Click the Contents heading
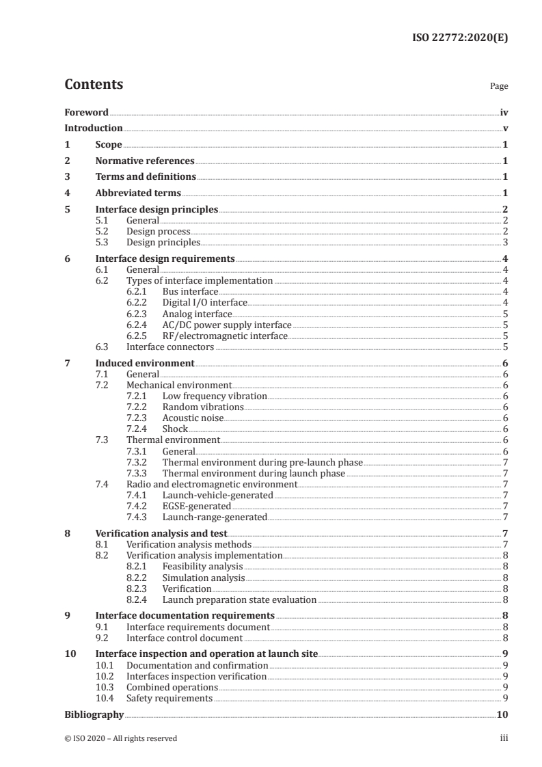pyautogui.click(x=94, y=85)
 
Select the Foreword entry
pyautogui.click(x=86, y=112)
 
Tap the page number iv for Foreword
pyautogui.click(x=504, y=112)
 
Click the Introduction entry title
pyautogui.click(x=94, y=129)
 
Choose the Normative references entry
pyautogui.click(x=145, y=161)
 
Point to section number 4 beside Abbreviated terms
pyautogui.click(x=67, y=193)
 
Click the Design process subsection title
pyautogui.click(x=159, y=232)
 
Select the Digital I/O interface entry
pyautogui.click(x=205, y=302)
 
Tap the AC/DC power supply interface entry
pyautogui.click(x=227, y=325)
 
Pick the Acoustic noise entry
pyautogui.click(x=193, y=418)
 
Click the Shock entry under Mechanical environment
pyautogui.click(x=175, y=429)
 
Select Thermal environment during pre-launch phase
pyautogui.click(x=262, y=462)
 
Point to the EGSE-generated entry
pyautogui.click(x=196, y=506)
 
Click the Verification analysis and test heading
pyautogui.click(x=161, y=534)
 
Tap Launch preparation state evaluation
pyautogui.click(x=239, y=600)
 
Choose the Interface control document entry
pyautogui.click(x=185, y=638)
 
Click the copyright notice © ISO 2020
pyautogui.click(x=120, y=738)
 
